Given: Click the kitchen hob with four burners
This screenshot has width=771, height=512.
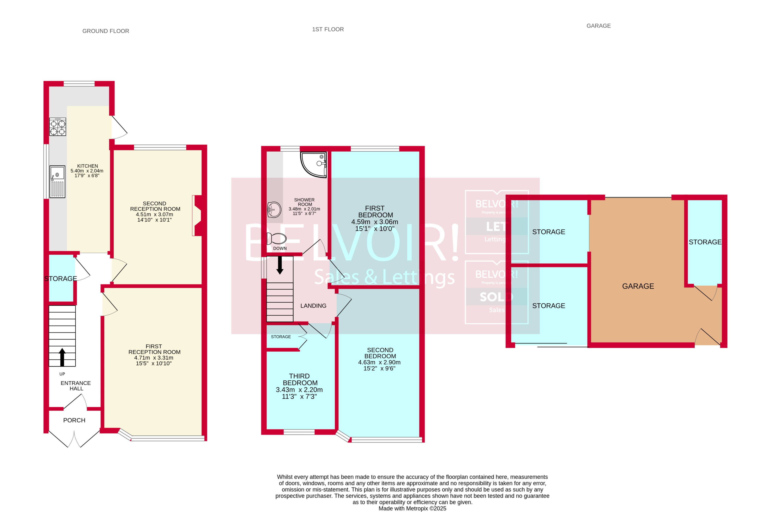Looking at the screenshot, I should pos(57,127).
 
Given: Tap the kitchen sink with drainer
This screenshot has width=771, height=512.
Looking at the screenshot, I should pos(57,182).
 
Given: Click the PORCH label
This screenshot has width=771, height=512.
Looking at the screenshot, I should pos(74,420).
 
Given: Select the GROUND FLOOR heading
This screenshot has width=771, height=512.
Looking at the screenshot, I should pos(106,31).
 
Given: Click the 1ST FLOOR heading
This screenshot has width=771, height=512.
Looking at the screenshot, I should pos(328,29).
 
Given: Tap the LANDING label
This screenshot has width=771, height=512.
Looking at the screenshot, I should pos(313,306).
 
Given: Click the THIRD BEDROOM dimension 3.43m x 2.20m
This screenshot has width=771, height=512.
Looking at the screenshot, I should pos(299,389).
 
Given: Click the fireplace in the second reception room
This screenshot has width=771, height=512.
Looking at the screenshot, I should pos(197,215).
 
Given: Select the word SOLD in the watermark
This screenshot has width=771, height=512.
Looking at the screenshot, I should pos(496,297).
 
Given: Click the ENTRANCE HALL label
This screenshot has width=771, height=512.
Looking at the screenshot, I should pos(76,386).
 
